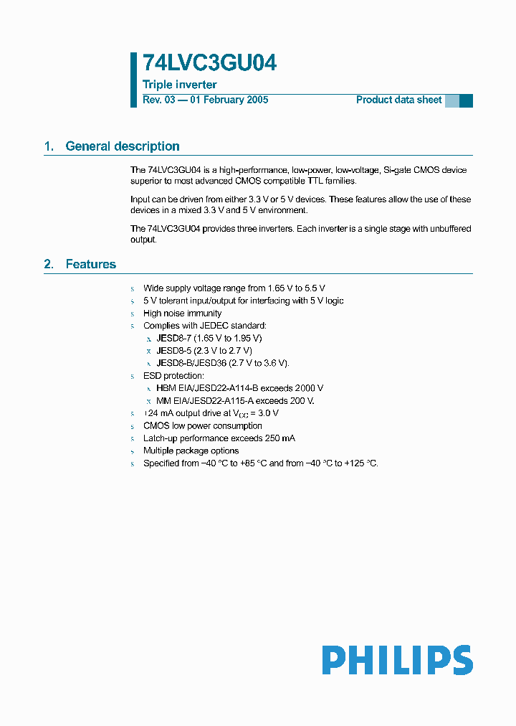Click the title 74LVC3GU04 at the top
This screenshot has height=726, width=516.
tap(209, 64)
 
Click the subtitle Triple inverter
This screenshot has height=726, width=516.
tap(180, 85)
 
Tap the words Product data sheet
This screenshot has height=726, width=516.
tap(398, 100)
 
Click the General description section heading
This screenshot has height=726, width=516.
tap(123, 146)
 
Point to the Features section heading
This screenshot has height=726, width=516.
tap(90, 264)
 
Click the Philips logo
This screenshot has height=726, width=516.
tap(397, 659)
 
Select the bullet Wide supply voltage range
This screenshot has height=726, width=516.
tap(234, 288)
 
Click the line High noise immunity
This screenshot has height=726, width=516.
tap(182, 313)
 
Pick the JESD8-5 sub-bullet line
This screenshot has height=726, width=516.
tap(204, 350)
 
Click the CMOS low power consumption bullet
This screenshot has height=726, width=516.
tap(202, 425)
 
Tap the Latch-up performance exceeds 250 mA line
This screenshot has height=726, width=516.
tap(219, 438)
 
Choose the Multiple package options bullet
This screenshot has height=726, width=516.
tap(191, 451)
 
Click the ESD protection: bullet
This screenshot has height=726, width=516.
tap(173, 375)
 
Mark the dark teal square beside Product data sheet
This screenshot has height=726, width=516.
tap(466, 100)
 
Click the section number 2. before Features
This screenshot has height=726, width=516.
tap(49, 264)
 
